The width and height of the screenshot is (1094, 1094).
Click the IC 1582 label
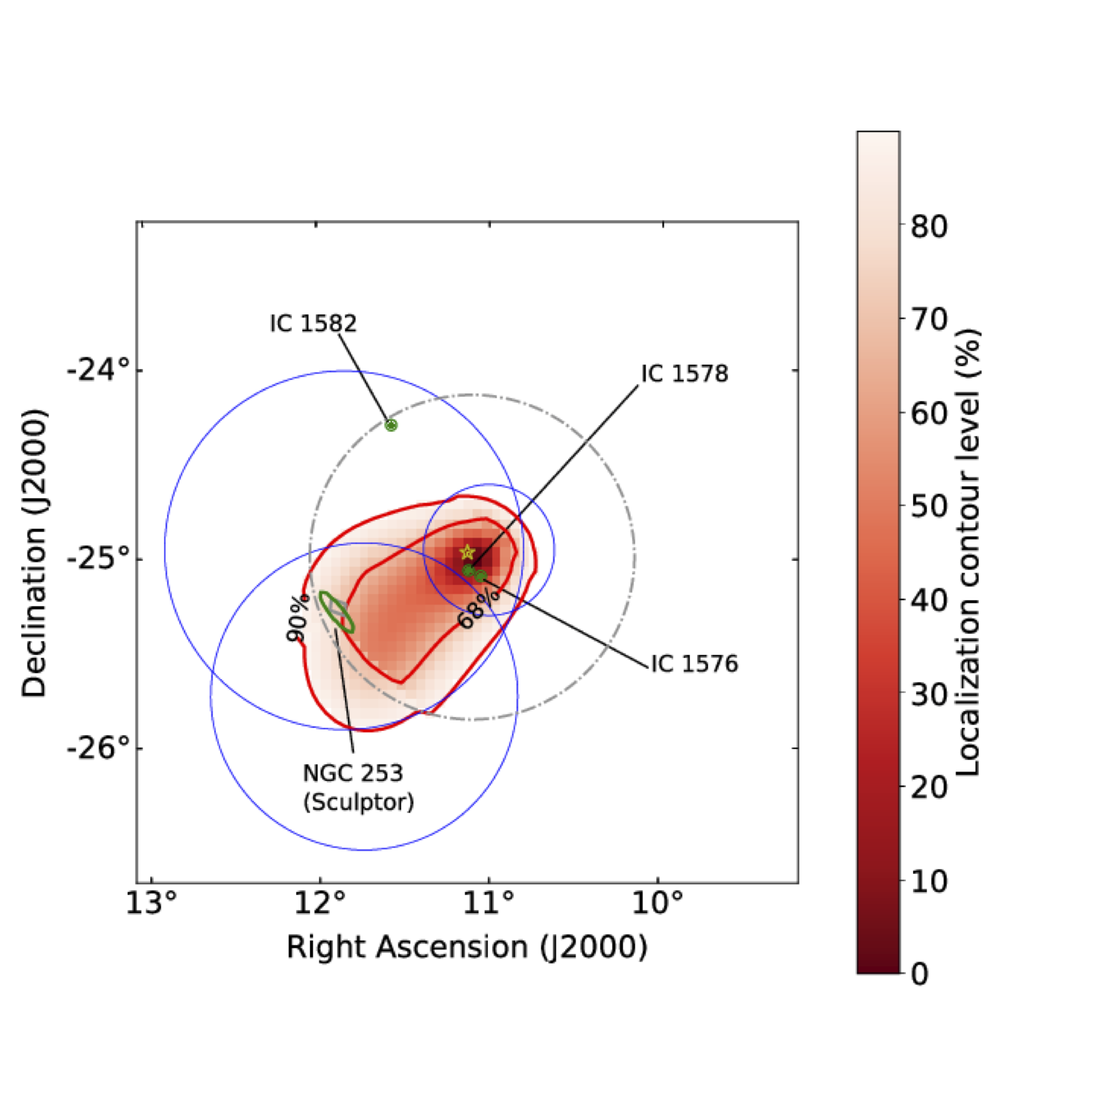point(313,323)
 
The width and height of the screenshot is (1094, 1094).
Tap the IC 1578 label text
point(684,373)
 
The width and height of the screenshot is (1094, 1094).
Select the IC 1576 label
point(694,664)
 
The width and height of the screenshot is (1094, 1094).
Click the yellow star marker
point(468,552)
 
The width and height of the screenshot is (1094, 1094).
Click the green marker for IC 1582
point(391,425)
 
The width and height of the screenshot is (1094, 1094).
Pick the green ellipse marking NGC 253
point(337,612)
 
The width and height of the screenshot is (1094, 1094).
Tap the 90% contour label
point(298,618)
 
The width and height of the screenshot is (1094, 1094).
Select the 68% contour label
point(478,608)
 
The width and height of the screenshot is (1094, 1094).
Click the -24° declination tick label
point(98,371)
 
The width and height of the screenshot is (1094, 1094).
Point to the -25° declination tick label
point(98,559)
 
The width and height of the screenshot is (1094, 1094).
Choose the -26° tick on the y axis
point(98,748)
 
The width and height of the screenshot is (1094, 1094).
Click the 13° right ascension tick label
point(151,903)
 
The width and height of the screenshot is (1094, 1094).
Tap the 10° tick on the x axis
point(657,903)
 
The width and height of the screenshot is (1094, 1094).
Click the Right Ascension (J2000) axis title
point(467,947)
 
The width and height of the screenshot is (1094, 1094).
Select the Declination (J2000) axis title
point(34,553)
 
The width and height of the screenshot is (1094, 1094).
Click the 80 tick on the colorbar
point(929,226)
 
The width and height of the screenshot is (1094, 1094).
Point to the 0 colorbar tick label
point(920,974)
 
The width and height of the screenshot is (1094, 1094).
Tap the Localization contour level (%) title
point(967,553)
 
